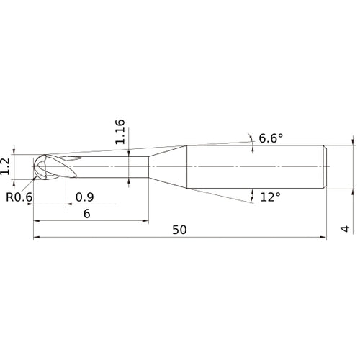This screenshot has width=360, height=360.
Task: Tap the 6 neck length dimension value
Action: [x=86, y=213]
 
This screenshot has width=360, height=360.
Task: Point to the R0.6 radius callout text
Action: [x=19, y=197]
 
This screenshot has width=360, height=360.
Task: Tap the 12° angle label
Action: [x=269, y=196]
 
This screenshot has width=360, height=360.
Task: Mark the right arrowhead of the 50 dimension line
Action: [x=326, y=237]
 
